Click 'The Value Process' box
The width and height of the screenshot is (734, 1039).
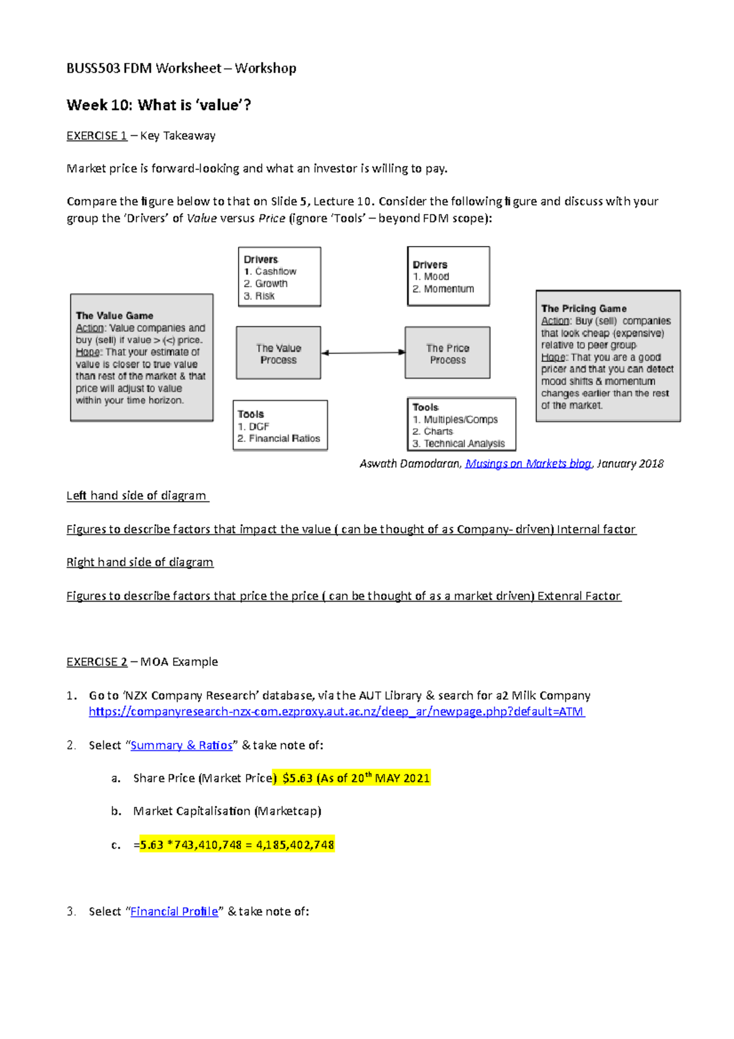[278, 353]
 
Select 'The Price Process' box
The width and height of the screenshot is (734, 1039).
[447, 353]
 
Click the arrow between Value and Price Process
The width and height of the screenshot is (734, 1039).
[363, 352]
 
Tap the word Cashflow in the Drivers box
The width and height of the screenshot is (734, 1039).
[275, 271]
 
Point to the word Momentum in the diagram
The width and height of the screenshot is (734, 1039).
[449, 289]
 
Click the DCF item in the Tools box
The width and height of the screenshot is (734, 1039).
[259, 426]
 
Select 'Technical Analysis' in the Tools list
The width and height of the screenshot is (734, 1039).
[464, 444]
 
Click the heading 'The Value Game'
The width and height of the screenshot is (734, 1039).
[114, 316]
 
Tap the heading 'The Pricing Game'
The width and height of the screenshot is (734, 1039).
[584, 308]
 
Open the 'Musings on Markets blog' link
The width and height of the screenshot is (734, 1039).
[528, 464]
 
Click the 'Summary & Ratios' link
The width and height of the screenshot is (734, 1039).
[182, 745]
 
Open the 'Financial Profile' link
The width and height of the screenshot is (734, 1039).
[174, 912]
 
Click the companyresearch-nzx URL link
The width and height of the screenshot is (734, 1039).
[336, 712]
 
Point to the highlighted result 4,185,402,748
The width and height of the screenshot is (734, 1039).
[295, 845]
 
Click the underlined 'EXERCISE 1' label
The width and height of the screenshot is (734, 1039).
[97, 136]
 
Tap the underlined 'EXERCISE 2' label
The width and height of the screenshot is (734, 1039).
[97, 662]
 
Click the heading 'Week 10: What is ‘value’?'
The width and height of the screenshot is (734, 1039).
[158, 105]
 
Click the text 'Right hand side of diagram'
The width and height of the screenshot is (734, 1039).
[139, 562]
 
